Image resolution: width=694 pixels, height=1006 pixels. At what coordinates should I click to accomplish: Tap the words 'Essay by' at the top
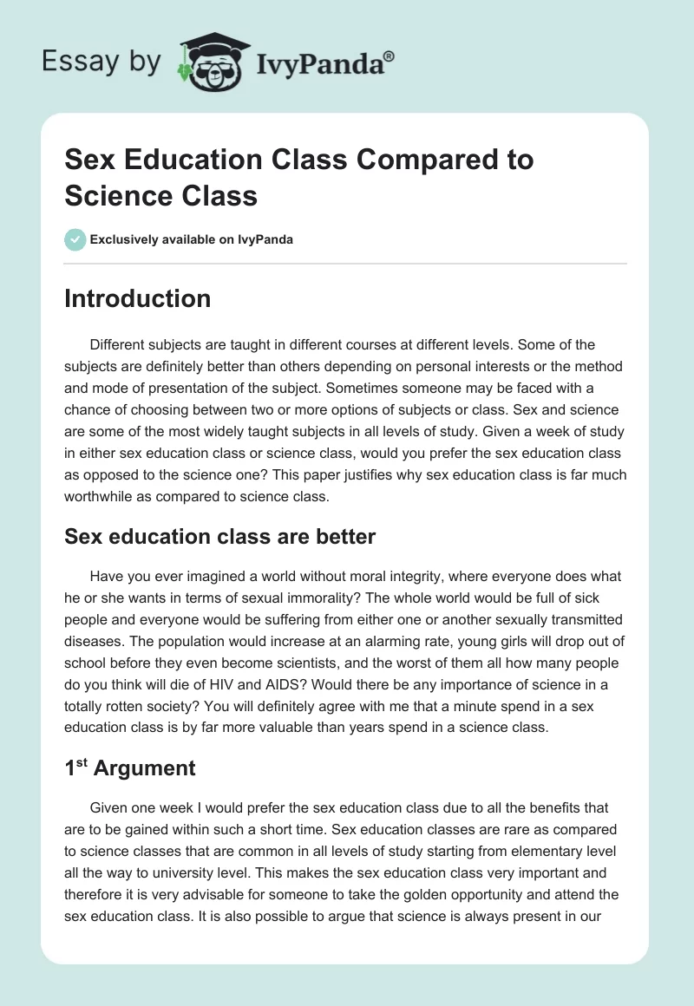(x=100, y=62)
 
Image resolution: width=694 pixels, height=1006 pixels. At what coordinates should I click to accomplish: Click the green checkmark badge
(x=75, y=239)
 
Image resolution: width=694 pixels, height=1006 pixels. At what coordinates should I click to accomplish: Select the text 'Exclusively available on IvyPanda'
(x=192, y=239)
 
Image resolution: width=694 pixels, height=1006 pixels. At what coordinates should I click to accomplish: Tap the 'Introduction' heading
(x=137, y=298)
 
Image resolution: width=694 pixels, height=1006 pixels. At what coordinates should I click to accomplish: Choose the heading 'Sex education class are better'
(x=219, y=537)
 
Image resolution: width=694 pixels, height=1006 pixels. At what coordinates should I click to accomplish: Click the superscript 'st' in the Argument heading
(x=82, y=763)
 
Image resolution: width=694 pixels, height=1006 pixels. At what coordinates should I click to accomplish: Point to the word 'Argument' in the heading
(x=145, y=768)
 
